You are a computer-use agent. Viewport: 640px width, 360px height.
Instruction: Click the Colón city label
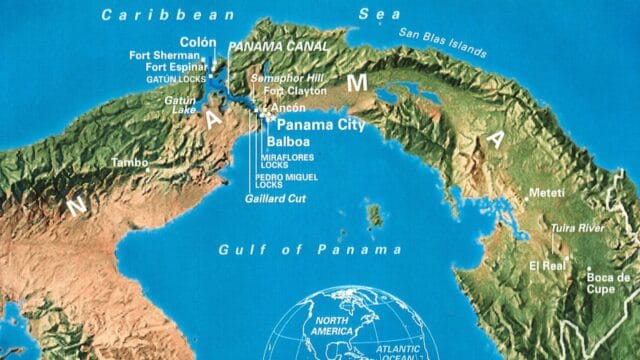click(198, 42)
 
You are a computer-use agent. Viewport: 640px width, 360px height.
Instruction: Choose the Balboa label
click(288, 143)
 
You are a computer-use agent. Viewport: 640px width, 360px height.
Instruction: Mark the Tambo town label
click(130, 162)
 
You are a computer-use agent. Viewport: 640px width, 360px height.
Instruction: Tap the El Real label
click(548, 267)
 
